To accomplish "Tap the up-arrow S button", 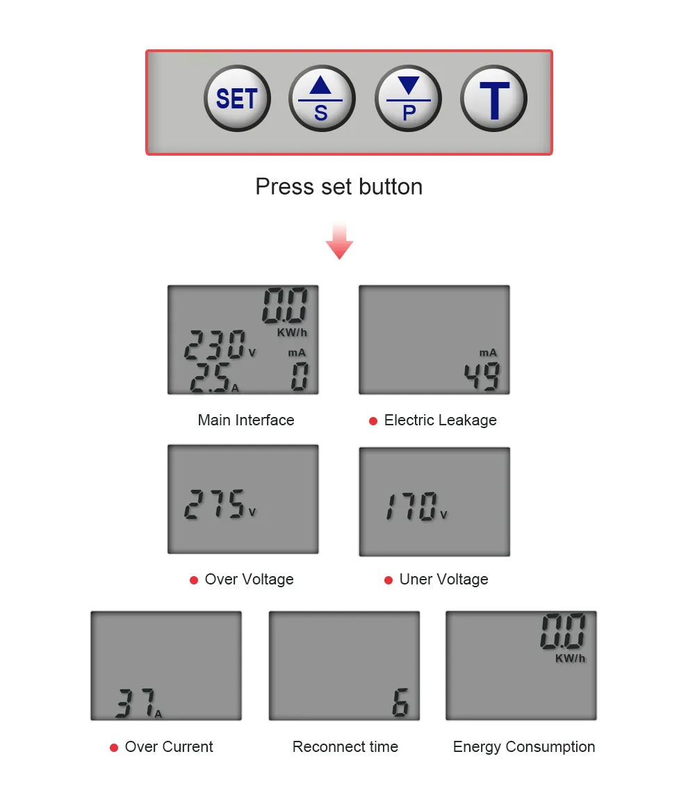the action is coord(322,98).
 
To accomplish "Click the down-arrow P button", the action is coord(408,98).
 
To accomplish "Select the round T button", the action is coord(494,98).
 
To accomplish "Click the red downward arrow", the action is coord(339,241).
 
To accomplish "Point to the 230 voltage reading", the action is coord(215,345).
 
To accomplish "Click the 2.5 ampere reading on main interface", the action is coord(211,377).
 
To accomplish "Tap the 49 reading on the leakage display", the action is coord(482,376).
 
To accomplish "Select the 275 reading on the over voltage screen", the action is coord(214,505).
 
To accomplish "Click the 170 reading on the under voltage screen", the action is coord(411,507).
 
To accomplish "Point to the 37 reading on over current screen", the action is coord(136,703).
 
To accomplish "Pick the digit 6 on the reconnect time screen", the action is coord(400,702).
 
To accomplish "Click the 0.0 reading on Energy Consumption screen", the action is coord(563,631).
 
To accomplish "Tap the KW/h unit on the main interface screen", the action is coord(292,332).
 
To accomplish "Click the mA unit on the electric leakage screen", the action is coord(488,353).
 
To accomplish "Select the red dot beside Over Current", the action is coord(114,747).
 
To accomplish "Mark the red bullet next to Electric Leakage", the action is coord(373,421).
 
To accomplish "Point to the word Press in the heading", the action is coord(285,186).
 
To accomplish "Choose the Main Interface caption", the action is coord(246,420).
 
